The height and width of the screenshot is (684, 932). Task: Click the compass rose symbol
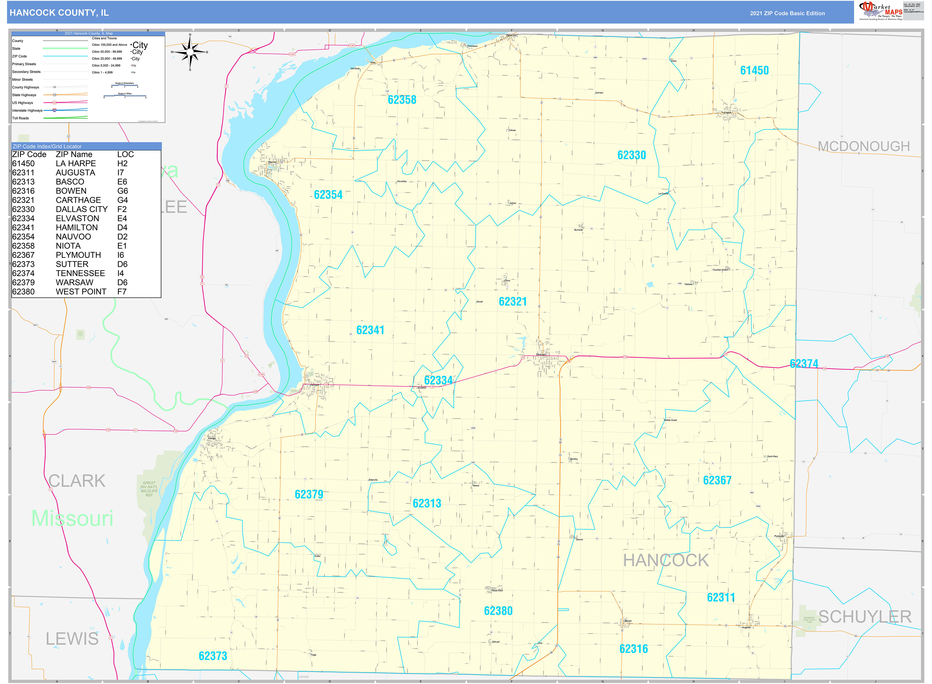[x=190, y=52]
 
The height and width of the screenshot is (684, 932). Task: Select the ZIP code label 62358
[x=402, y=100]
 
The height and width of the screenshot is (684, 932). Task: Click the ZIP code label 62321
[x=512, y=301]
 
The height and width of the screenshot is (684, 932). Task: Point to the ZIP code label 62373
[x=213, y=656]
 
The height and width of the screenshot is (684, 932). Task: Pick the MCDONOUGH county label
[x=863, y=146]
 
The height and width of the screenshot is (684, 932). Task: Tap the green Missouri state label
[x=72, y=518]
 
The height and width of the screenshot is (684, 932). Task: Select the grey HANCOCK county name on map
[x=666, y=560]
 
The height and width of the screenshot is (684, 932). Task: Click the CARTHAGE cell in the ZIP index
[x=78, y=200]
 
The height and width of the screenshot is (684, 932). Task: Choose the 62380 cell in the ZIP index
[x=24, y=291]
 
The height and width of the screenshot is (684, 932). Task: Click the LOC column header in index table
[x=126, y=154]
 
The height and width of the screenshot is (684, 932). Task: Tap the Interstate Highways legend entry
[x=27, y=110]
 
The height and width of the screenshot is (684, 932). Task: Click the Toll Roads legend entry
[x=21, y=118]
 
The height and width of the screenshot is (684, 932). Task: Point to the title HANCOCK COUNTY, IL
[x=59, y=13]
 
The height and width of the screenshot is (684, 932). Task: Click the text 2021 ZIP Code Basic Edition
[x=787, y=13]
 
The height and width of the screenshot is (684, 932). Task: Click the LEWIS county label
[x=72, y=639]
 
